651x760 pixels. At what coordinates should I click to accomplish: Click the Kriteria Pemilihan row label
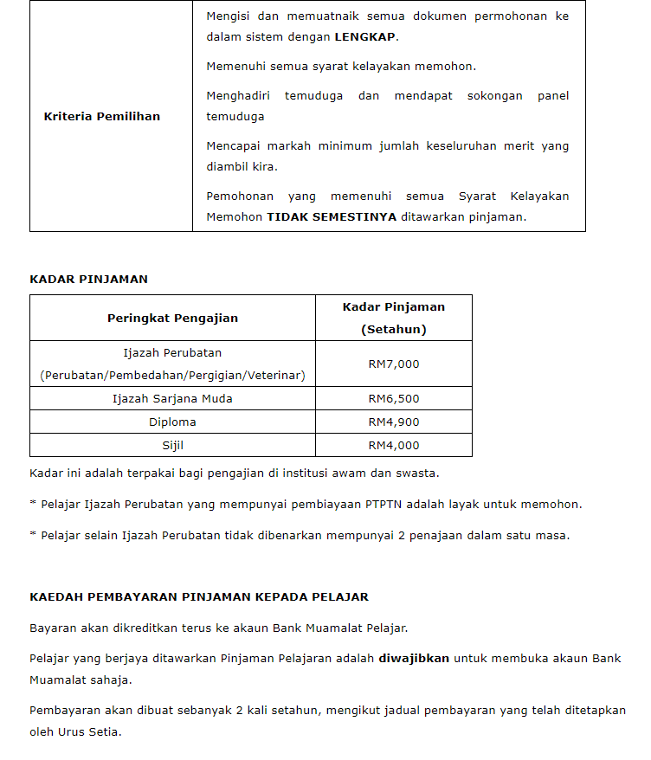click(x=102, y=116)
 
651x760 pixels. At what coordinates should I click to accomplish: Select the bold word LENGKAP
click(x=365, y=37)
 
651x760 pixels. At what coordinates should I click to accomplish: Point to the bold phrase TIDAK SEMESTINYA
click(x=331, y=217)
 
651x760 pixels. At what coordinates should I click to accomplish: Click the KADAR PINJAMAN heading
click(x=88, y=279)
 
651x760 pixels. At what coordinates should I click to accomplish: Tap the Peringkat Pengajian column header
click(x=172, y=318)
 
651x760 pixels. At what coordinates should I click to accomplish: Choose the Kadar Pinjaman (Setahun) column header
click(x=394, y=318)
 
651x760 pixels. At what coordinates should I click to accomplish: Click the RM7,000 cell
click(x=394, y=364)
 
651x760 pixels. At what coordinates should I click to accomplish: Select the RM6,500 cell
click(x=394, y=399)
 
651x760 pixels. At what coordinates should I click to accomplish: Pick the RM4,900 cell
click(x=394, y=422)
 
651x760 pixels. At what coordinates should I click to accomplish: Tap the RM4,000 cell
click(x=394, y=446)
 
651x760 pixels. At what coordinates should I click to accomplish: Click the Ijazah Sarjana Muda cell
click(x=172, y=399)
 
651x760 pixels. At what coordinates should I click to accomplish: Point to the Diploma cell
click(x=172, y=422)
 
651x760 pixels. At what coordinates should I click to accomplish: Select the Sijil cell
click(x=172, y=446)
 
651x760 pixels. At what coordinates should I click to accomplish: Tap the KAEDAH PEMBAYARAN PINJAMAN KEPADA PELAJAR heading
click(x=199, y=597)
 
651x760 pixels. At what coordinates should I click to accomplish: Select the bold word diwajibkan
click(x=414, y=658)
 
